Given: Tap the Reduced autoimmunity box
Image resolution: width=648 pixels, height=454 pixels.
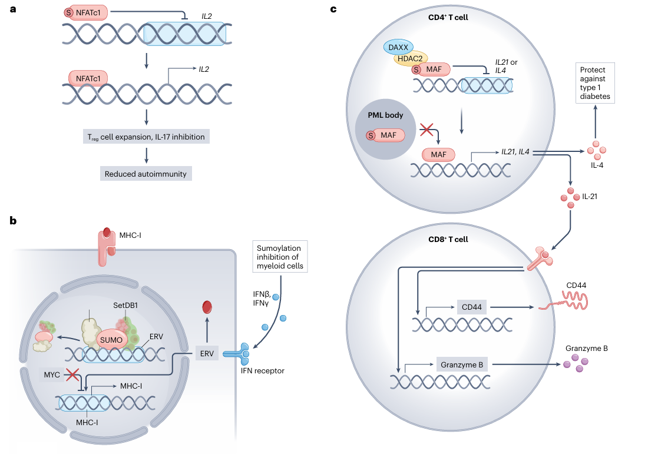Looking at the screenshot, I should (146, 174).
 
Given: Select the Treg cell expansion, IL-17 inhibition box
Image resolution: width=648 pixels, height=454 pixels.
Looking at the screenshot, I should (146, 137).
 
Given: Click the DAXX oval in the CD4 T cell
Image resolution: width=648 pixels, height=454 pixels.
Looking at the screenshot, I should (399, 46).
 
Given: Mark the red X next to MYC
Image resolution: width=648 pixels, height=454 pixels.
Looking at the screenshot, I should (72, 375).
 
